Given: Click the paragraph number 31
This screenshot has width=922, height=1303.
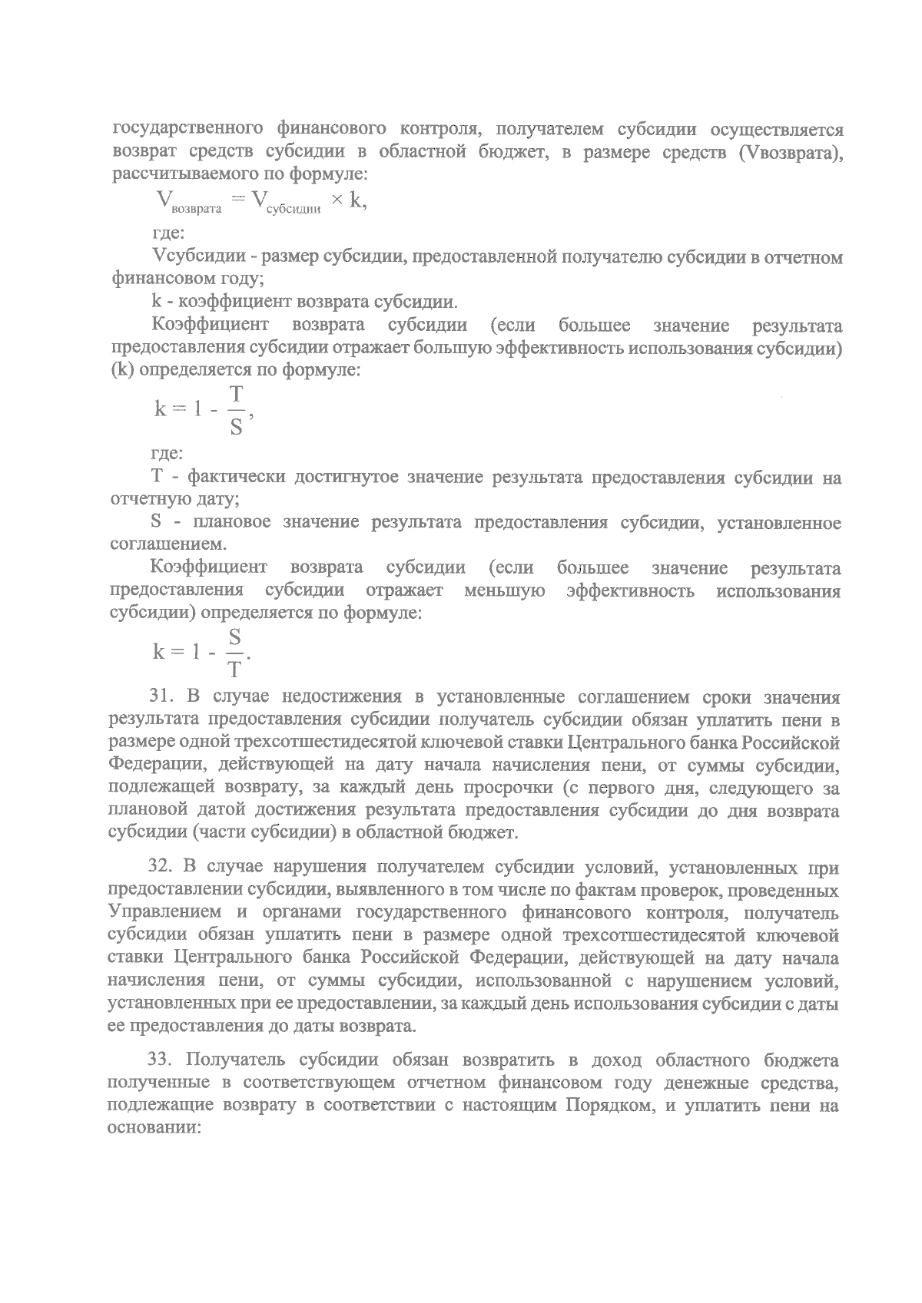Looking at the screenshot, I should pos(162,698).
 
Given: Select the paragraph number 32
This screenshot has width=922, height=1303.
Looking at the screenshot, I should pos(162,868).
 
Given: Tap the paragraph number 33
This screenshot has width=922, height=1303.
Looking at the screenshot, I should pos(162,1061).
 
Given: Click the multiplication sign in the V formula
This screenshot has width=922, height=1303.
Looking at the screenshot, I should pos(336,201).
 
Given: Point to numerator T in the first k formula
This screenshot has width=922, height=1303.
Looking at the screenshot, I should pos(236,395).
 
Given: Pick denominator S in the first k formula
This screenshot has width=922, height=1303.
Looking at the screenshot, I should pos(236,427).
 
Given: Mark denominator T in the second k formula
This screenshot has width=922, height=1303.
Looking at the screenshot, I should pos(234,670).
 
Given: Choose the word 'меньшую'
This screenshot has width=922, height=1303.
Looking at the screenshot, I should pos(505,591).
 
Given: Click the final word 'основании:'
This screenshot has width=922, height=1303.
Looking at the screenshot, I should pos(154,1129).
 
